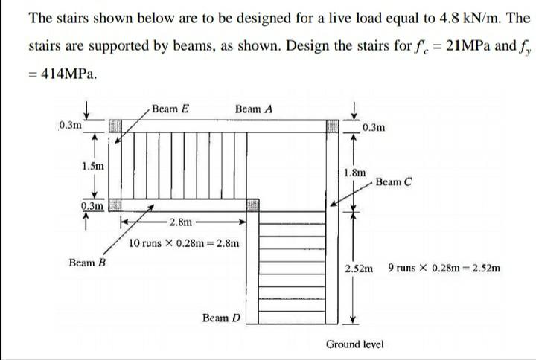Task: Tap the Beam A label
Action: pos(254,109)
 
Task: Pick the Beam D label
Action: pos(221,318)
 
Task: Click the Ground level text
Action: pos(354,344)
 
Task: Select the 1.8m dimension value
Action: pos(356,173)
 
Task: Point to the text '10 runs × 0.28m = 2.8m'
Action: pos(184,243)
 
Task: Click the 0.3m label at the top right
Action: pos(376,127)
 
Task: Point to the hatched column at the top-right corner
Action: pos(332,126)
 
